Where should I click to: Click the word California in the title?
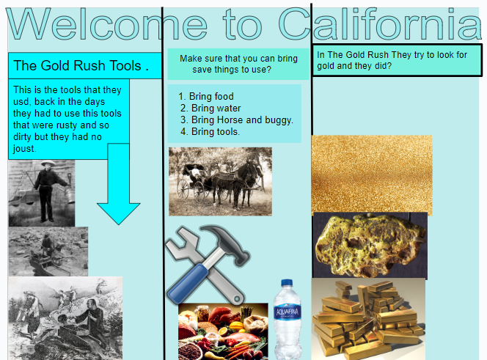tap(379, 24)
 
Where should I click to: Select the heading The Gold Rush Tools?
tap(81, 66)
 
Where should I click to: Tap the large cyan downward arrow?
tap(119, 184)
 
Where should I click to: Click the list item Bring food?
tap(206, 96)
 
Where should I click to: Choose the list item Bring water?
tap(210, 108)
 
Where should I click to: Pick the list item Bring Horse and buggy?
tap(237, 120)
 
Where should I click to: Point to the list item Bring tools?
tap(210, 132)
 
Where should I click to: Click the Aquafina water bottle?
tap(288, 320)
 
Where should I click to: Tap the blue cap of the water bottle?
tap(287, 282)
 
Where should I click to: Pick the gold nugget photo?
tap(370, 245)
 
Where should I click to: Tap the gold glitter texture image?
tap(372, 175)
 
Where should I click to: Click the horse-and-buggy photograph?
tap(220, 182)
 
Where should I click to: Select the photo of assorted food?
tap(223, 331)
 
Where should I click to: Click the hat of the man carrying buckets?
tap(48, 163)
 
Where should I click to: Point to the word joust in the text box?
tap(24, 149)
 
